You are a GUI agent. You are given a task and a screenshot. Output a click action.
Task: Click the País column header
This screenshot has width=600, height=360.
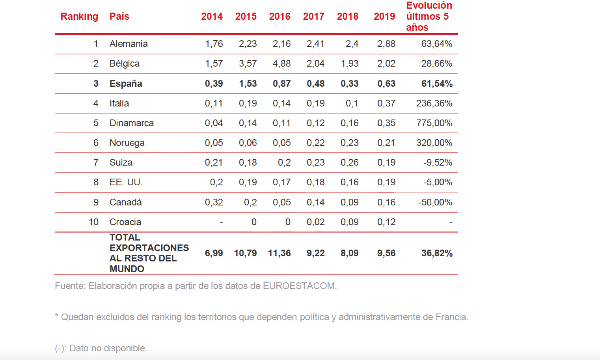tap(119, 17)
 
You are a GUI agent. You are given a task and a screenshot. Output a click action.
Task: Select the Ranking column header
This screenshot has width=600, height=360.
tap(79, 17)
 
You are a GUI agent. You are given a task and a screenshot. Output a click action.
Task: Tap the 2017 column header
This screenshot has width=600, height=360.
tap(313, 17)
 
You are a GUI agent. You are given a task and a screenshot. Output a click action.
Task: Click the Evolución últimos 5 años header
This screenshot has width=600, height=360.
tap(429, 17)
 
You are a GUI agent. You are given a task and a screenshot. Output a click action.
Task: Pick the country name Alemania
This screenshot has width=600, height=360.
tap(129, 44)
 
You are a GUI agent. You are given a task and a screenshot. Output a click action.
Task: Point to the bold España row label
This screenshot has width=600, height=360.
tap(126, 84)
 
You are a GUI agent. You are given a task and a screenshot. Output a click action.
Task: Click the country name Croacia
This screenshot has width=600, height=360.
tap(125, 222)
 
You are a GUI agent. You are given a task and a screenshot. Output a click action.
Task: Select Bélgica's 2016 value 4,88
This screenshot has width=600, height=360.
tap(281, 63)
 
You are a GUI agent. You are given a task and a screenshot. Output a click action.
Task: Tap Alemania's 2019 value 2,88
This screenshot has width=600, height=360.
tap(386, 44)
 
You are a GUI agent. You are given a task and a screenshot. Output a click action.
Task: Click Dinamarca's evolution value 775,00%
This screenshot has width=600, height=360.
tap(434, 123)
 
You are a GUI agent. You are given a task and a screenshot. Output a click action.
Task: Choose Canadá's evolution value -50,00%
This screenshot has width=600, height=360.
tap(435, 202)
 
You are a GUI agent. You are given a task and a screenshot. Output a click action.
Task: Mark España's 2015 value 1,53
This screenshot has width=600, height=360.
tap(248, 84)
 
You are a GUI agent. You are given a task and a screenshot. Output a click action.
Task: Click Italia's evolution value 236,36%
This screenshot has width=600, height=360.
tap(434, 103)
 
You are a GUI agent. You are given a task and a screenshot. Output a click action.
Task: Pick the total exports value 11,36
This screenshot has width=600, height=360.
tap(279, 253)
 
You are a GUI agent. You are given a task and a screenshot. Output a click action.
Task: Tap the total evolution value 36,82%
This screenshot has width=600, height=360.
tap(437, 253)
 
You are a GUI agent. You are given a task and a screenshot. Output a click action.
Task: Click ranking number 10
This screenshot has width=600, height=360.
tap(93, 222)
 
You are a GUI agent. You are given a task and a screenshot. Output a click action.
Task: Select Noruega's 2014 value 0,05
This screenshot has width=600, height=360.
tap(214, 143)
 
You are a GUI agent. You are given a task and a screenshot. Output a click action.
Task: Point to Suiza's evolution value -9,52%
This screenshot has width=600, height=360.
tap(438, 162)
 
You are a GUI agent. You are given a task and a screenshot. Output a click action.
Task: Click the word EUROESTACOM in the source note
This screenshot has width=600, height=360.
tap(299, 286)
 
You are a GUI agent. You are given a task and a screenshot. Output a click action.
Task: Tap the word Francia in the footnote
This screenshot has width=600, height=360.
tap(451, 317)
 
